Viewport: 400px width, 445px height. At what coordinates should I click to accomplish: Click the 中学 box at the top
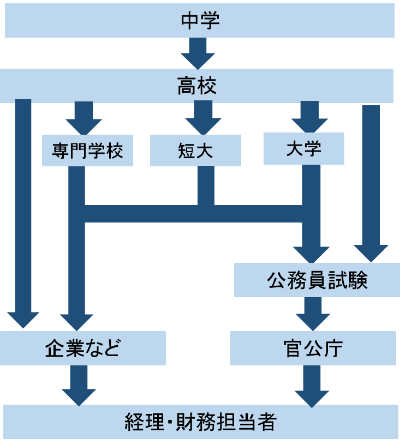pyautogui.click(x=200, y=21)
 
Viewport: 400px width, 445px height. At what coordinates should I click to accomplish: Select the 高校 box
pyautogui.click(x=196, y=86)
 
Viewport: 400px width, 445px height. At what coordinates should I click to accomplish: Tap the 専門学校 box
pyautogui.click(x=87, y=151)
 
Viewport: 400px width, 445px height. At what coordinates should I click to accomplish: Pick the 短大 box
pyautogui.click(x=195, y=151)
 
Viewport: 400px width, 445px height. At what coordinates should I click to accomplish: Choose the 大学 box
pyautogui.click(x=303, y=148)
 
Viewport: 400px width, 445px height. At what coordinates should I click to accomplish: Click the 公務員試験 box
pyautogui.click(x=317, y=280)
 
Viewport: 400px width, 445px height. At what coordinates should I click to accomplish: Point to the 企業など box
pyautogui.click(x=83, y=348)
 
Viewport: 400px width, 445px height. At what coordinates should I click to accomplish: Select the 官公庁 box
pyautogui.click(x=313, y=348)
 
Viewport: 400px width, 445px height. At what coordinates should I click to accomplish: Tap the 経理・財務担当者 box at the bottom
pyautogui.click(x=201, y=422)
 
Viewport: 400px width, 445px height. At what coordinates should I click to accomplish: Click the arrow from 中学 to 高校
pyautogui.click(x=198, y=53)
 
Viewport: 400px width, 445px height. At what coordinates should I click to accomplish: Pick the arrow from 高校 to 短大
pyautogui.click(x=203, y=118)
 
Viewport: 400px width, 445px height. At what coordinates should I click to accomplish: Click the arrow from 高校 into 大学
pyautogui.click(x=309, y=118)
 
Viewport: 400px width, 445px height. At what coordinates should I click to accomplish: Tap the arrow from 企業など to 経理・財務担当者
pyautogui.click(x=79, y=385)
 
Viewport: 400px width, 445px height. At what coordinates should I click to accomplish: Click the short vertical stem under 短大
pyautogui.click(x=206, y=185)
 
